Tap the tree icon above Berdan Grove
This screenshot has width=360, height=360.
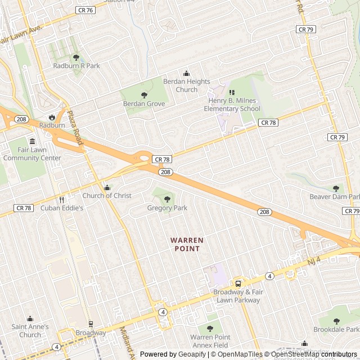click(x=144, y=95)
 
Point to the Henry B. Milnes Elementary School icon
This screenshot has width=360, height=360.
click(x=230, y=92)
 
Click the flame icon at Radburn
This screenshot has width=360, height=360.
click(x=52, y=117)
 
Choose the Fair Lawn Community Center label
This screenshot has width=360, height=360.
click(x=32, y=154)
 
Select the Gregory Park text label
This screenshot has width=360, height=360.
click(x=167, y=208)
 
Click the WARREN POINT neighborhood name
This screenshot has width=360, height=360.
click(x=187, y=244)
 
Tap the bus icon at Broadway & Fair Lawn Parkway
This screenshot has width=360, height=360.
click(x=238, y=283)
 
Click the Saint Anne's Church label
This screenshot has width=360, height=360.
click(x=30, y=331)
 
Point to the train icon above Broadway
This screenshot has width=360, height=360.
click(x=91, y=324)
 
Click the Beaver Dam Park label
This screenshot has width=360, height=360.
click(x=335, y=196)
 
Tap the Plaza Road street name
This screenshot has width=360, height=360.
click(x=75, y=128)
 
